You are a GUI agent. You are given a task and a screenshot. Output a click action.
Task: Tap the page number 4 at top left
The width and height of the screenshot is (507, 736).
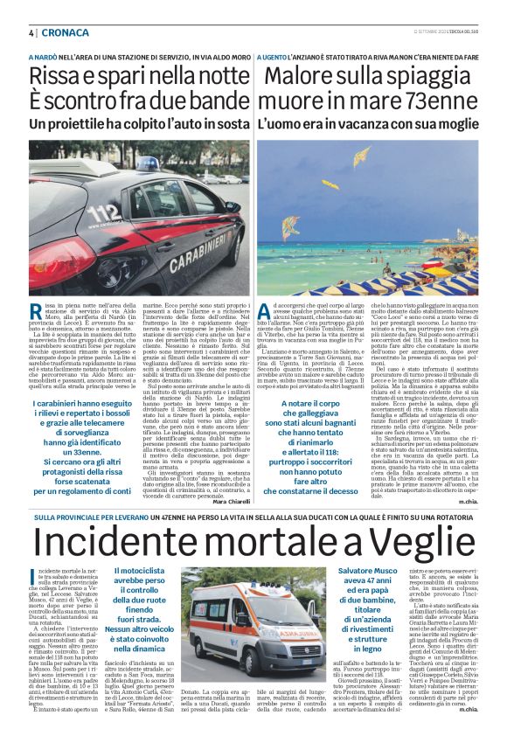click(19, 32)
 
